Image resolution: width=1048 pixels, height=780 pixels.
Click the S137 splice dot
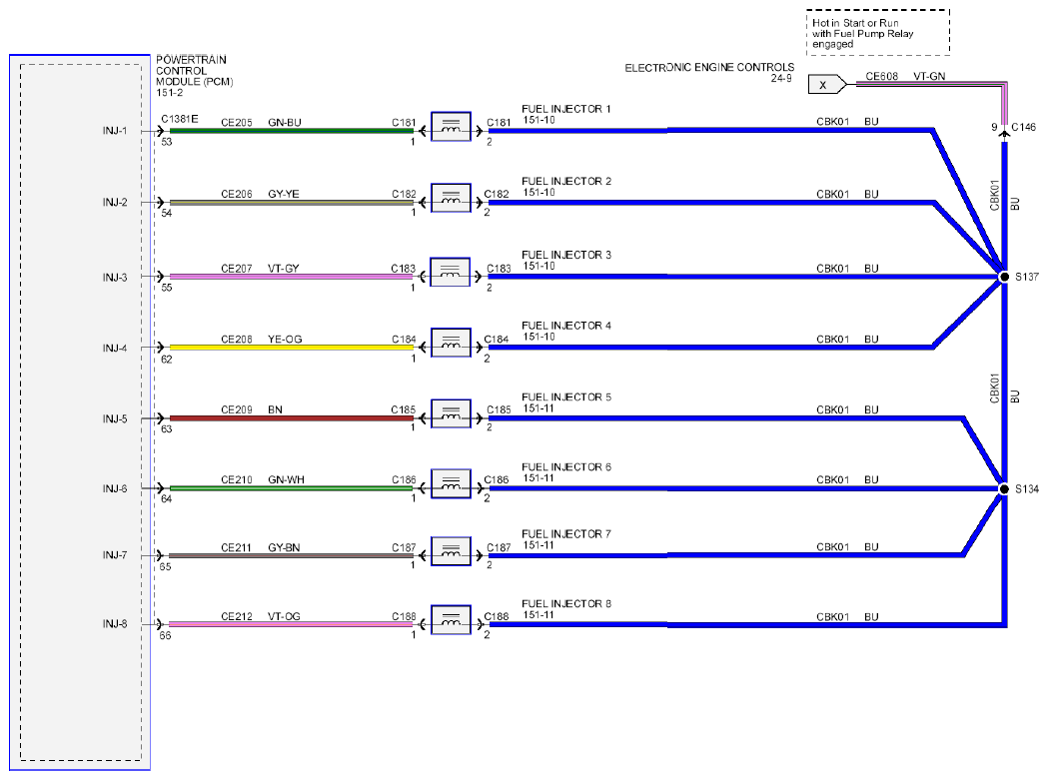(x=1004, y=277)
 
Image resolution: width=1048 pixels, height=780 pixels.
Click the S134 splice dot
(x=1004, y=489)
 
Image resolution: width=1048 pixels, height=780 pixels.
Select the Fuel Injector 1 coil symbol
(x=452, y=126)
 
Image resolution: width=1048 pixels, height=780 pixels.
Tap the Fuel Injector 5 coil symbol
(x=452, y=413)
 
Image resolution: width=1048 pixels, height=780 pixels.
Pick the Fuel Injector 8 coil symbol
(x=452, y=619)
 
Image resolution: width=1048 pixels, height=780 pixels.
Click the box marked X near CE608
(x=827, y=85)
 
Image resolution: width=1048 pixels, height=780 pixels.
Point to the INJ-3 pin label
(x=115, y=278)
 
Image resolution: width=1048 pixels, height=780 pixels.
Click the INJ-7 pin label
(x=115, y=555)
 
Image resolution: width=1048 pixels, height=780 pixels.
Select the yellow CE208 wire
(x=292, y=348)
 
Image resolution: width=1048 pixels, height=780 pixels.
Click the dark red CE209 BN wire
(x=292, y=418)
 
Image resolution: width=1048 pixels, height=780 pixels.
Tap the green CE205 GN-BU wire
(x=292, y=131)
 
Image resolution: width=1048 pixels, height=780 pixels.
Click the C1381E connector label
(x=180, y=119)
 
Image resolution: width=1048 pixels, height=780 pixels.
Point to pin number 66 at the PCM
(x=165, y=635)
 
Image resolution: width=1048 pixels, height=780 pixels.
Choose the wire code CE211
(x=237, y=548)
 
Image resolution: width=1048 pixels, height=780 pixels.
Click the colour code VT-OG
(x=284, y=617)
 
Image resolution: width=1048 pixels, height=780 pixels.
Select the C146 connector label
(x=1023, y=127)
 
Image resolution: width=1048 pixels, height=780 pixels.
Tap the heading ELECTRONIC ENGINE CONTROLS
(x=709, y=68)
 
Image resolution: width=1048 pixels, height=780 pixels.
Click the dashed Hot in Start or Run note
(x=877, y=32)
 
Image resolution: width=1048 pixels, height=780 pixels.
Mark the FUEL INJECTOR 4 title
(x=566, y=326)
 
